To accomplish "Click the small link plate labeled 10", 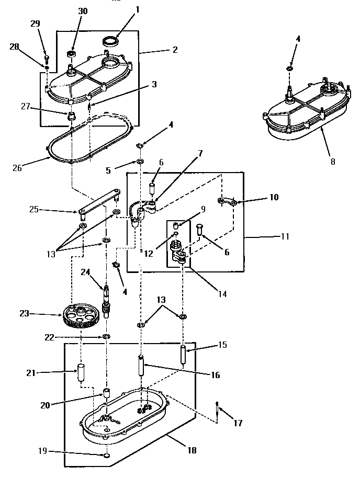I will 227,201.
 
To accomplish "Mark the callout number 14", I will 222,294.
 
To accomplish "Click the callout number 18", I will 192,450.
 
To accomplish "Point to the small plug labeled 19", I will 106,456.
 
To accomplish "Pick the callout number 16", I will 216,375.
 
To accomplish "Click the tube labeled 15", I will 184,356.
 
